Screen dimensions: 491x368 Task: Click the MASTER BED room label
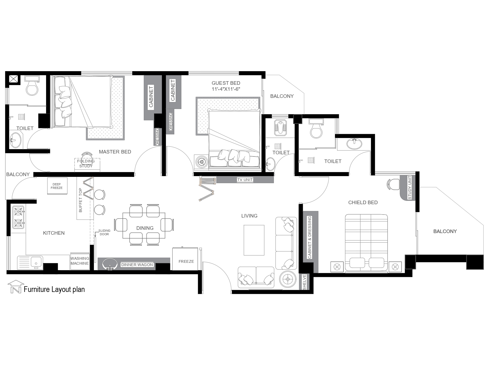click(115, 152)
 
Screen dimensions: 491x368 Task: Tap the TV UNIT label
click(245, 180)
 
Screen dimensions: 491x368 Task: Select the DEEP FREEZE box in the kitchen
click(57, 186)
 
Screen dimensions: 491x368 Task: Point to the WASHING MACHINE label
click(80, 261)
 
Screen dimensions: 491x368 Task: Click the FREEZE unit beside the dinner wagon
click(186, 259)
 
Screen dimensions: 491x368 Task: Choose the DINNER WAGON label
click(137, 265)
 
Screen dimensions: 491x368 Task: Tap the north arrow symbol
click(16, 287)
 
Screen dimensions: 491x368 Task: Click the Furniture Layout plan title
click(54, 289)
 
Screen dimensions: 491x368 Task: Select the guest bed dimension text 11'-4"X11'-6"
click(226, 89)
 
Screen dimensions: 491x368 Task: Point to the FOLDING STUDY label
click(86, 164)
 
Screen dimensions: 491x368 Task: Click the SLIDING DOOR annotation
click(104, 233)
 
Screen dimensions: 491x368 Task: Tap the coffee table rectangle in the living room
click(254, 240)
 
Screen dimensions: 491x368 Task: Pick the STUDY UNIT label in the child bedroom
click(410, 188)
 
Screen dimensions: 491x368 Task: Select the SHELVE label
click(305, 282)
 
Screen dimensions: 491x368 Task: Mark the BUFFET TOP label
click(80, 200)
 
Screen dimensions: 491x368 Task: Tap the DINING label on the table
click(145, 228)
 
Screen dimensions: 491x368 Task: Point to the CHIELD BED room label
click(363, 203)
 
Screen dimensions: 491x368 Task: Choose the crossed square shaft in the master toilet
click(14, 79)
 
